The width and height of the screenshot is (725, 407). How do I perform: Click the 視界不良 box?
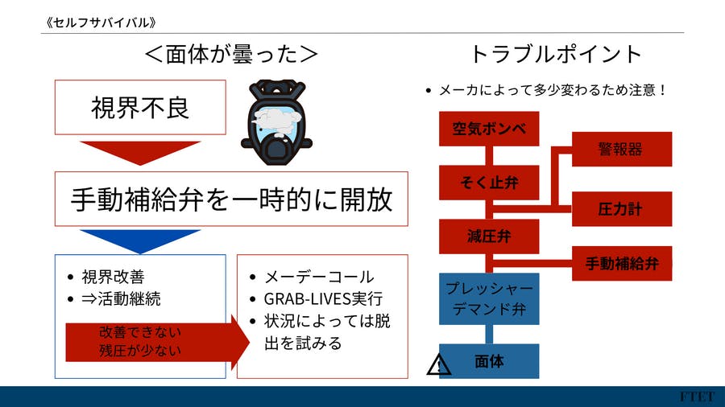(140, 107)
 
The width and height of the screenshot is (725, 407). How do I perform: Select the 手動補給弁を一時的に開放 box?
(232, 199)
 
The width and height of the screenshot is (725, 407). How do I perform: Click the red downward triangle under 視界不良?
(140, 151)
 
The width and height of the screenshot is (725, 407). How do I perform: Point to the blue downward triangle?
(140, 240)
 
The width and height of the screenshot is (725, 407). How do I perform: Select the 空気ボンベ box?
(488, 129)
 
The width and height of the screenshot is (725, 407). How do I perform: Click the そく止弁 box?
(488, 183)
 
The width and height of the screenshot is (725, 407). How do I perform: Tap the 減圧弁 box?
(488, 236)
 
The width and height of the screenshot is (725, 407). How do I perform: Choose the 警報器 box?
(621, 149)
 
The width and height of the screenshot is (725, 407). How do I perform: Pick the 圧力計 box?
(621, 209)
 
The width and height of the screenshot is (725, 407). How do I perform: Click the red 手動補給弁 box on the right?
(621, 263)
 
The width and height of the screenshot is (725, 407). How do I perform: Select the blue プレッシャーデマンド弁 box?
(488, 298)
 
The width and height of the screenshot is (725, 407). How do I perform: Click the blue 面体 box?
(488, 361)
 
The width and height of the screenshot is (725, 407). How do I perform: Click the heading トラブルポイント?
(556, 54)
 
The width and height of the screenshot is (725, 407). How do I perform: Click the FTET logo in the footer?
(695, 397)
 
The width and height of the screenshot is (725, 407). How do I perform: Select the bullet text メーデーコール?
(319, 277)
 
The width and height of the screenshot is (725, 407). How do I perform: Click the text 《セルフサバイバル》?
(98, 23)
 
